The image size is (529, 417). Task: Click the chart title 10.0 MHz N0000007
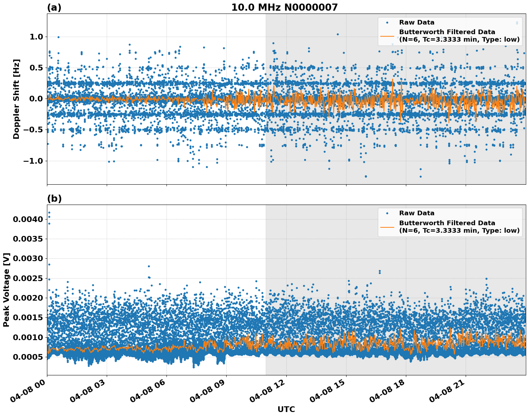284,7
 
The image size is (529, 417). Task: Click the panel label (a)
54,7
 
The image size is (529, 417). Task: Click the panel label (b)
54,199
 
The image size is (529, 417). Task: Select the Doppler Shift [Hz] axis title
16,99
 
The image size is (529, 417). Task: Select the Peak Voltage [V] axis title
6,290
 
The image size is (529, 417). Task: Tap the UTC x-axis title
286,409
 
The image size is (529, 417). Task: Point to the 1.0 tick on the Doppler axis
33,37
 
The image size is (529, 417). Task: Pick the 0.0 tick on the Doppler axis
33,99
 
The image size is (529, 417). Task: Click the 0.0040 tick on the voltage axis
28,220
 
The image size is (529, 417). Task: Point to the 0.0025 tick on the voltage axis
28,278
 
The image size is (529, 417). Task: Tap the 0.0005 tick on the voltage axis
28,357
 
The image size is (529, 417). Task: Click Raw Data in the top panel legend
417,22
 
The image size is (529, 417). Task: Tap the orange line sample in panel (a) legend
387,36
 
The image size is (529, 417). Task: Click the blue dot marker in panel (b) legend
387,213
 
